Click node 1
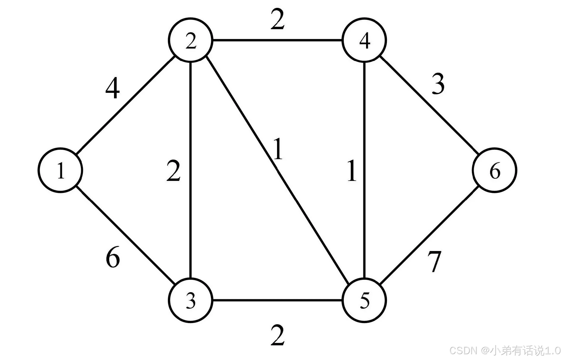(x=60, y=170)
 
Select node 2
(x=190, y=41)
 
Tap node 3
(x=190, y=300)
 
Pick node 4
(x=364, y=40)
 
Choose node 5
(x=364, y=300)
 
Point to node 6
(x=495, y=170)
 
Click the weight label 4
(x=113, y=88)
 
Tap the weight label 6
(x=113, y=258)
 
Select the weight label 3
(x=438, y=84)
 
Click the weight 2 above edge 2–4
(x=277, y=20)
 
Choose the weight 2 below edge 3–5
(x=277, y=336)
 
